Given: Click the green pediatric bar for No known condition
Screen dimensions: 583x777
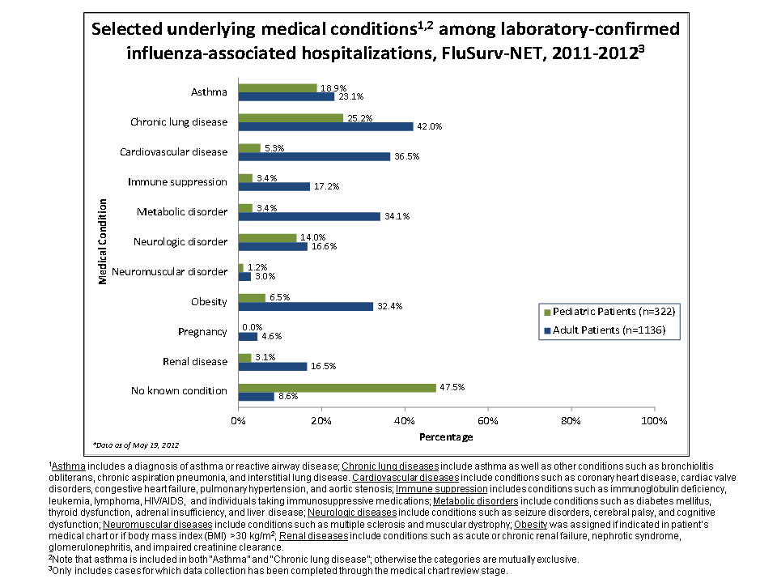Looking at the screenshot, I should tap(337, 387).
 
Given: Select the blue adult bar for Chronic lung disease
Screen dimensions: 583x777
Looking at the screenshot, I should tap(325, 126).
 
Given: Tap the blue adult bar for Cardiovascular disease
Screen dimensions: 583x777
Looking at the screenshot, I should tap(314, 156).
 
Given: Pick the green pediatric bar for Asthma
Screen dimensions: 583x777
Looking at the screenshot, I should tap(277, 87).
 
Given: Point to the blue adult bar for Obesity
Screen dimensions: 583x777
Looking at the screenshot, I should tap(305, 306).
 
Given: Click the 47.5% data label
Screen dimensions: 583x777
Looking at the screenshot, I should tap(452, 387).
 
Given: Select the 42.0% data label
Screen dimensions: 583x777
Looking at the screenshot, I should tap(429, 126).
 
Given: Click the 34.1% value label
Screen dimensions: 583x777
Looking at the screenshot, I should tap(396, 215).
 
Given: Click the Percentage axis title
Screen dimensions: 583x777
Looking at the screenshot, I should tap(446, 436).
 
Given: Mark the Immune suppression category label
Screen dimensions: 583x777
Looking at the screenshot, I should tap(177, 181).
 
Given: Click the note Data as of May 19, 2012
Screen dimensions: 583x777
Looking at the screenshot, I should tap(136, 445).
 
